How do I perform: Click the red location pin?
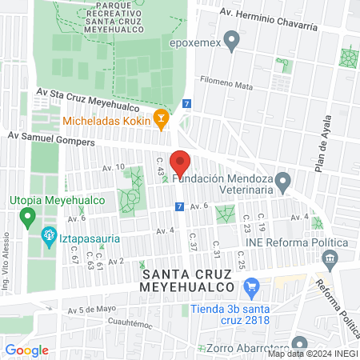180,163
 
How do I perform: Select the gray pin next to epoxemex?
232,38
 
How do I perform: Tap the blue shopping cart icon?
252,286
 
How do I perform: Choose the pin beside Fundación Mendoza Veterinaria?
282,185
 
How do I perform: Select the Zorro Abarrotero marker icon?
198,349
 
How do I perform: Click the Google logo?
27,350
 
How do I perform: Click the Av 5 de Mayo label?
98,310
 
